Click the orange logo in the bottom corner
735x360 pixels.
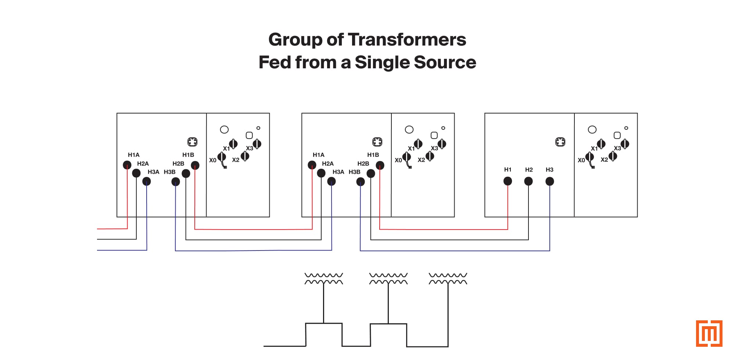point(709,333)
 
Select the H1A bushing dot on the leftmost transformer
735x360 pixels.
point(127,165)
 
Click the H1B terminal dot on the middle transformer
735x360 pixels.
point(380,165)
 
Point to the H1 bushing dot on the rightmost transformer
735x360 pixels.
point(508,181)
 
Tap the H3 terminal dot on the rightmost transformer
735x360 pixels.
point(549,181)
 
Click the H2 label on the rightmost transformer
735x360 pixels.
point(528,170)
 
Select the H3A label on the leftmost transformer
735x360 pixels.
point(153,172)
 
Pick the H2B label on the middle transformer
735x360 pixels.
point(363,163)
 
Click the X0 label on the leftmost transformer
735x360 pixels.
point(212,160)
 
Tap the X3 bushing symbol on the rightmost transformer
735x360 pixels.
point(625,144)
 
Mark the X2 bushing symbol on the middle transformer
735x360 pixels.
point(430,156)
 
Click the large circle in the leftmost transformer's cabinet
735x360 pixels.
point(224,130)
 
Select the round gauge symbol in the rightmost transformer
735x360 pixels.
point(560,142)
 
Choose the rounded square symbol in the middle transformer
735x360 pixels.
point(434,135)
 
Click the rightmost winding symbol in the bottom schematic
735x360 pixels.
point(448,279)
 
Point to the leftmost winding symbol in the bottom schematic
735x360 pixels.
point(323,279)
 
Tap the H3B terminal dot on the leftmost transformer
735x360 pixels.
point(176,181)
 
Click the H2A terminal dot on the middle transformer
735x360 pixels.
point(321,173)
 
